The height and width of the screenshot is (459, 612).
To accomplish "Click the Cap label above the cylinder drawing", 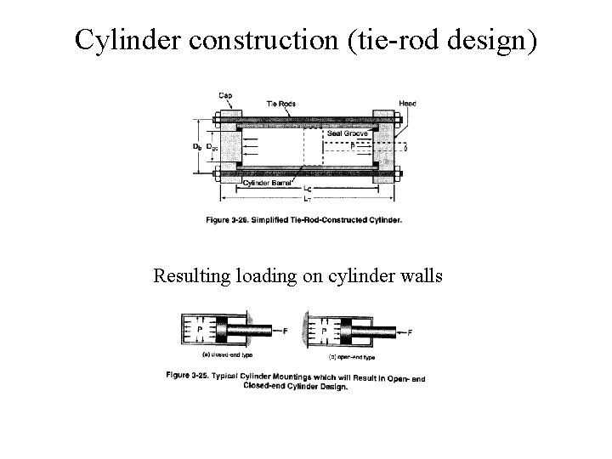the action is [225, 95].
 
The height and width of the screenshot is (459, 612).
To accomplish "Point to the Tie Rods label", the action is [281, 104].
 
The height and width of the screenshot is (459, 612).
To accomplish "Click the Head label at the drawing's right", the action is [408, 104].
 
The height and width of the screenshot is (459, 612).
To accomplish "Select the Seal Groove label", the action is [348, 133].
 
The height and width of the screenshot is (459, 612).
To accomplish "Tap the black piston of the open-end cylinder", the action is [348, 331].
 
